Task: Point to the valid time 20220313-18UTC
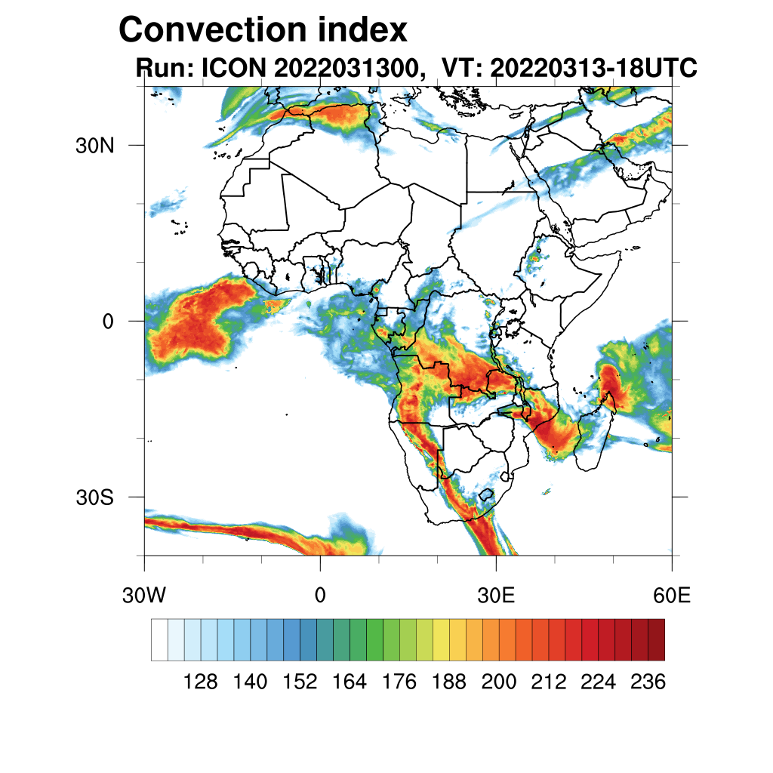[593, 68]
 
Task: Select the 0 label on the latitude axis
[108, 321]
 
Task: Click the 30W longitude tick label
[143, 596]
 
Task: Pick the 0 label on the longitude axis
[320, 596]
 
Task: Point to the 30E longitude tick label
[496, 596]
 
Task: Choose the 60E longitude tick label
[672, 596]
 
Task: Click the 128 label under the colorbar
[201, 682]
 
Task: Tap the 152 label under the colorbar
[300, 682]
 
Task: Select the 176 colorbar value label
[399, 682]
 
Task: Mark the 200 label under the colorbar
[499, 682]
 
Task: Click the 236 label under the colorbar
[648, 682]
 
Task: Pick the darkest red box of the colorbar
[656, 639]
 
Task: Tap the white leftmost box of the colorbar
[159, 639]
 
